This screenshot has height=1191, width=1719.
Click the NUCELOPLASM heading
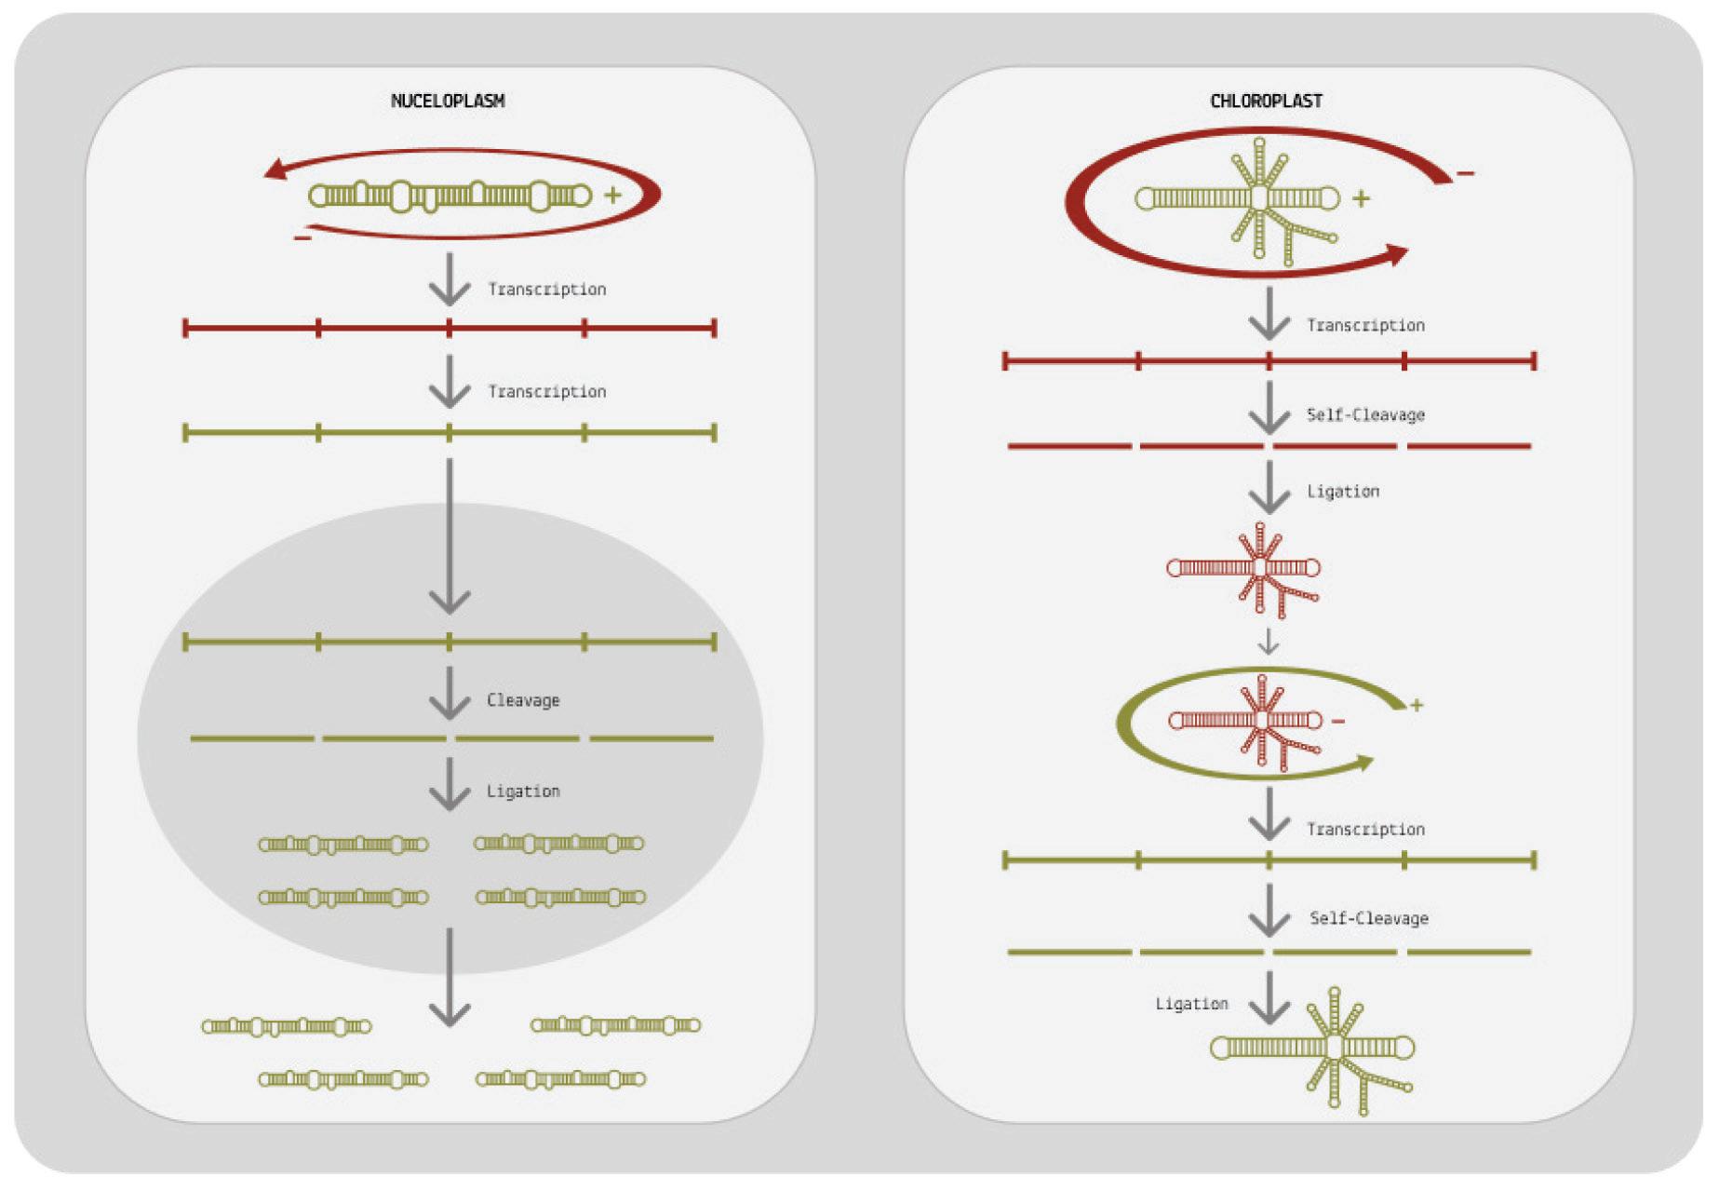tap(448, 101)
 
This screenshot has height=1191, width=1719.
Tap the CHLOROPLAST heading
tap(1266, 101)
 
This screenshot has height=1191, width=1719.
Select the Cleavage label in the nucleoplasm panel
tap(523, 700)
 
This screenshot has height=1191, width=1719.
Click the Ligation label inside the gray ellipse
tap(523, 792)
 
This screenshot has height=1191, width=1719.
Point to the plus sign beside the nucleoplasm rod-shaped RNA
tap(612, 195)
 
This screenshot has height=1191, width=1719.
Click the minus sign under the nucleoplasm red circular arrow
tap(302, 238)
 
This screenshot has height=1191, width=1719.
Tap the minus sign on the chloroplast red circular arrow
tap(1465, 173)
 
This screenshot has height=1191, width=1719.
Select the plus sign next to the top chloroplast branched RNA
tap(1361, 198)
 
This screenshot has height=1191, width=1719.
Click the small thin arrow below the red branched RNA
tap(1268, 641)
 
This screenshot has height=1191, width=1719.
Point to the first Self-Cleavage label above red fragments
tap(1365, 415)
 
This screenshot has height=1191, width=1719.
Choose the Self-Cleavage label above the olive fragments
tap(1368, 918)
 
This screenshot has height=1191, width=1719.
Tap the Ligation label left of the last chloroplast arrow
tap(1191, 1004)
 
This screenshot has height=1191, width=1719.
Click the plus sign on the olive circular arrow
tap(1417, 705)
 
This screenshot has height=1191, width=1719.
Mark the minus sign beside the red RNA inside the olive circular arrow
tap(1338, 721)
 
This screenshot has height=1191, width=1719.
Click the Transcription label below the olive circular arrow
tap(1365, 829)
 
